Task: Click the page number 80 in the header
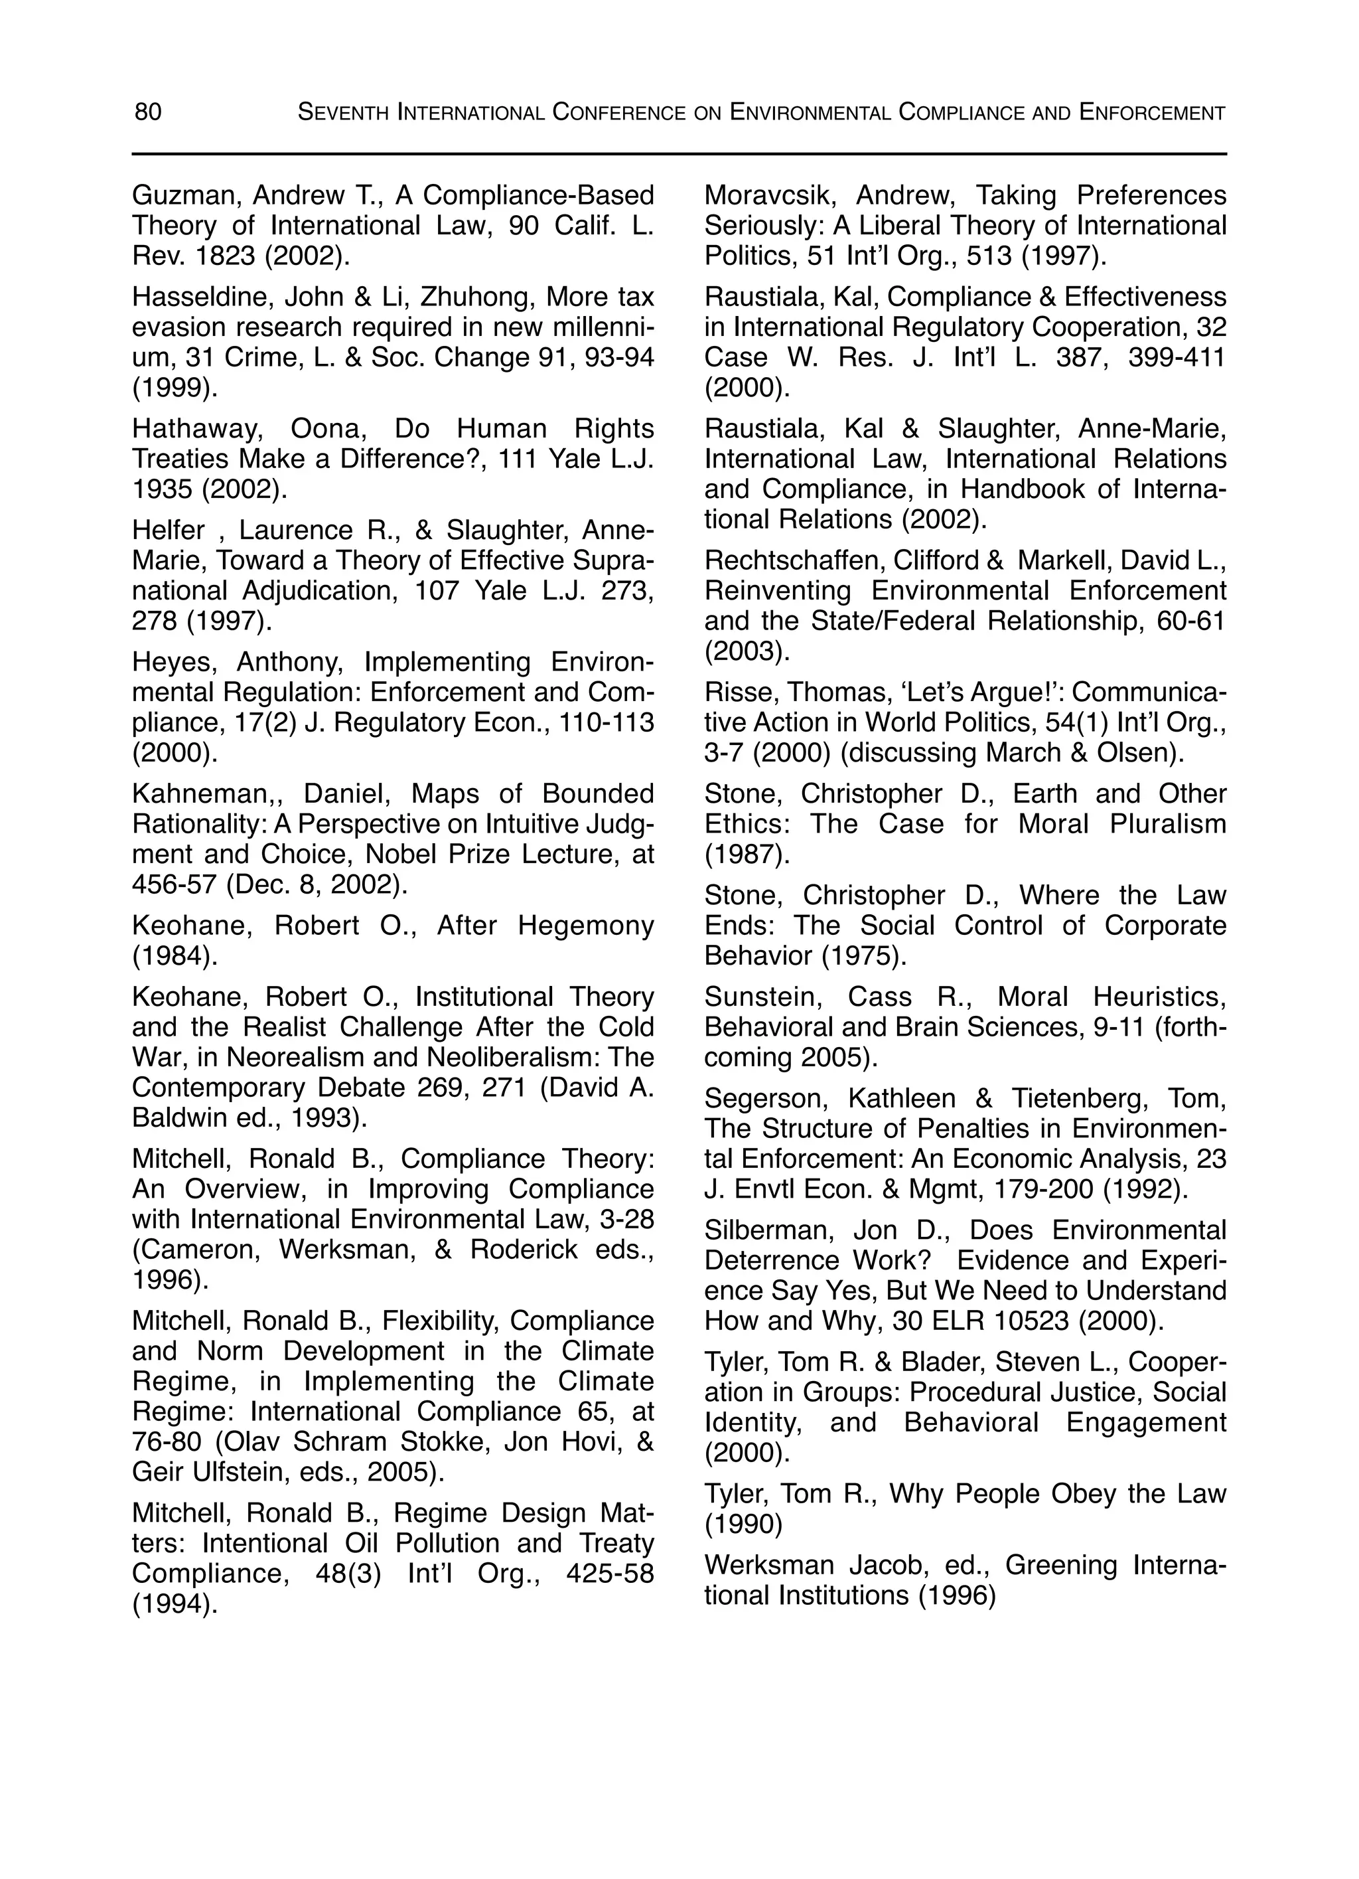(148, 112)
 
